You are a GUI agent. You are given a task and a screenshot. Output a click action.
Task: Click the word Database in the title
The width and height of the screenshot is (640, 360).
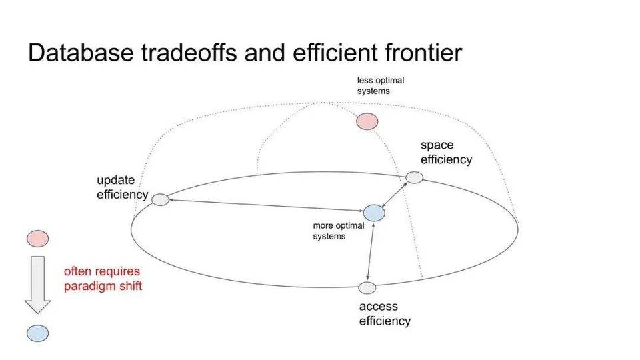click(x=81, y=53)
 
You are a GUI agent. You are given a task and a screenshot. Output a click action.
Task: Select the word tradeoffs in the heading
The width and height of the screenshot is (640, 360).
click(x=189, y=53)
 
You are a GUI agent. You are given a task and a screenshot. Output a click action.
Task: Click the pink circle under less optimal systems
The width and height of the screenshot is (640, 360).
click(x=367, y=121)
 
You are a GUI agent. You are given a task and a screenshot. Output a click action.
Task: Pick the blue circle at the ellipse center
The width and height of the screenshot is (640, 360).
click(x=374, y=213)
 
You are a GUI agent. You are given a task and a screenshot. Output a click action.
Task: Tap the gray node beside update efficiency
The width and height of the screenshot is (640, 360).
click(x=161, y=199)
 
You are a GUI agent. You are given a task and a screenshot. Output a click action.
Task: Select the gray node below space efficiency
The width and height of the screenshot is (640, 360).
click(x=414, y=177)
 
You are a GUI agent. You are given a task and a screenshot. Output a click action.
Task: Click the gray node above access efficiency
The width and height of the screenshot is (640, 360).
click(x=367, y=288)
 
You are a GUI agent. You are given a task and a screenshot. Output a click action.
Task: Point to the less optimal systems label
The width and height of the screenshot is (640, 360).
click(x=381, y=86)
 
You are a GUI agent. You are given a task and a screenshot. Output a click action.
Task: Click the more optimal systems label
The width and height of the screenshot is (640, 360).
click(x=339, y=231)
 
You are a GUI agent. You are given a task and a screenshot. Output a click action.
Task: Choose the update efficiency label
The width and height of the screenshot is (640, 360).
click(x=122, y=187)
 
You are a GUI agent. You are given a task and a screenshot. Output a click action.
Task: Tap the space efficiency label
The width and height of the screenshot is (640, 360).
click(x=446, y=152)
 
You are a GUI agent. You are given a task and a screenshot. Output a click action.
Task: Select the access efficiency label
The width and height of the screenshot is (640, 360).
click(x=385, y=314)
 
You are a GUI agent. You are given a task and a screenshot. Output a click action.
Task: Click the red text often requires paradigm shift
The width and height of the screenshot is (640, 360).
click(x=103, y=279)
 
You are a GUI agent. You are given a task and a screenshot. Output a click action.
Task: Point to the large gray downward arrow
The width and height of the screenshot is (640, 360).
click(x=37, y=285)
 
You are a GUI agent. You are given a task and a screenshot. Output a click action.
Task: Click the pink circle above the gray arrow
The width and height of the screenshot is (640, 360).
click(x=37, y=239)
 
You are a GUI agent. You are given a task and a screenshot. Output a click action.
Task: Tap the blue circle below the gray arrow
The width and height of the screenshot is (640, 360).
click(x=37, y=333)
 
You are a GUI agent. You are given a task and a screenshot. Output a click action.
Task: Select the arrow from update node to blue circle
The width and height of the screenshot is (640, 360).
click(x=266, y=205)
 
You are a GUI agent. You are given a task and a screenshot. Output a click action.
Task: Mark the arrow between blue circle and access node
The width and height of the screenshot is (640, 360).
click(x=370, y=252)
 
